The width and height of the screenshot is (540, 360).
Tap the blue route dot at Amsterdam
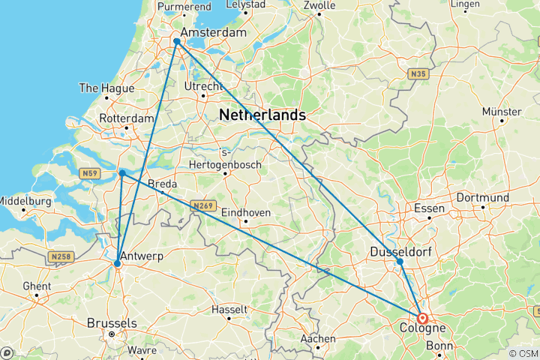(x=176, y=41)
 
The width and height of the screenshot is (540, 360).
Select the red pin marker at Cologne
(x=422, y=318)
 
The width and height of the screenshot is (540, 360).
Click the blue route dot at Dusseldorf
(x=400, y=261)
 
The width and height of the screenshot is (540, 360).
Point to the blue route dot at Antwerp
(x=118, y=264)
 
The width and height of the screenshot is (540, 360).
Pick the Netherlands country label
(x=262, y=115)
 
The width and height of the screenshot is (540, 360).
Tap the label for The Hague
(x=106, y=88)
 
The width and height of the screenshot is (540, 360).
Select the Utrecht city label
(x=203, y=87)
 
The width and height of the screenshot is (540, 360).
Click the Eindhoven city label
(x=246, y=213)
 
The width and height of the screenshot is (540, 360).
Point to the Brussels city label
(x=112, y=322)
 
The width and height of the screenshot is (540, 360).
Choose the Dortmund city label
(x=484, y=198)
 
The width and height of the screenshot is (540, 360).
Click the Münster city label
(x=502, y=112)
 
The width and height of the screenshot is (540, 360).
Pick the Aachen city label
(x=317, y=338)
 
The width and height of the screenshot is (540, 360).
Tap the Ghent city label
(x=37, y=286)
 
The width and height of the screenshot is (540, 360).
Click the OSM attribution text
(x=523, y=353)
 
